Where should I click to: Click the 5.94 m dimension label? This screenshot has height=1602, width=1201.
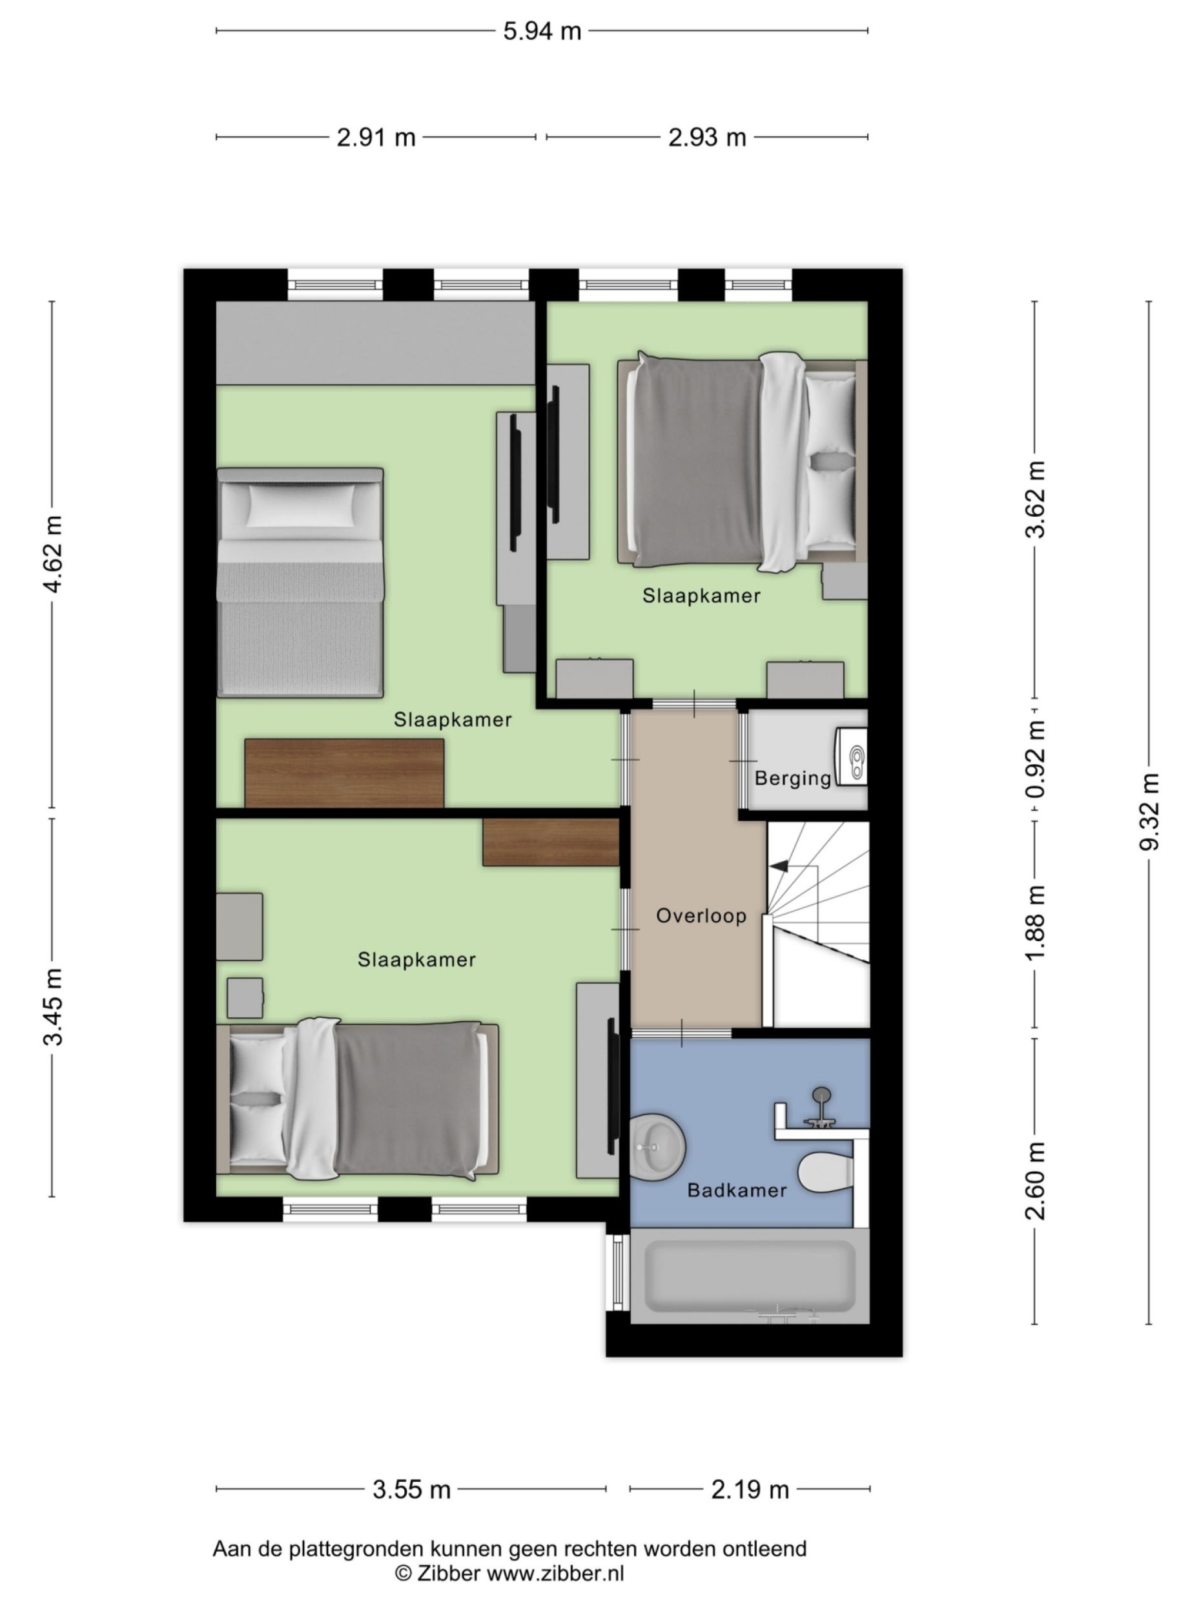542,32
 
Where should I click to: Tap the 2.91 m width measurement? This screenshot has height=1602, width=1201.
376,138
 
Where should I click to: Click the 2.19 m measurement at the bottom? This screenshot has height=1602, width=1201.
749,1490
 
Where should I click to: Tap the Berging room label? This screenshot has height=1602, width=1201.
792,779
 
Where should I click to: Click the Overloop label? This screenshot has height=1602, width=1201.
700,916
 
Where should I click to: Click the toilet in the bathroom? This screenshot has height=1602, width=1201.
825,1172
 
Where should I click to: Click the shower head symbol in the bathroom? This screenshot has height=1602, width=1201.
822,1094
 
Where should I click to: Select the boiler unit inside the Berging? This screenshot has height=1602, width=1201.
852,757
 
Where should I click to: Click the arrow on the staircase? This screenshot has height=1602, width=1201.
778,866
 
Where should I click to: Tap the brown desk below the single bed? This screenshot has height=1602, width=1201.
344,773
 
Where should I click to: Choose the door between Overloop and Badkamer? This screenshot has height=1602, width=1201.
681,1033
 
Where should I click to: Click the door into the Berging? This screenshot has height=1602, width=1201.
743,760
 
